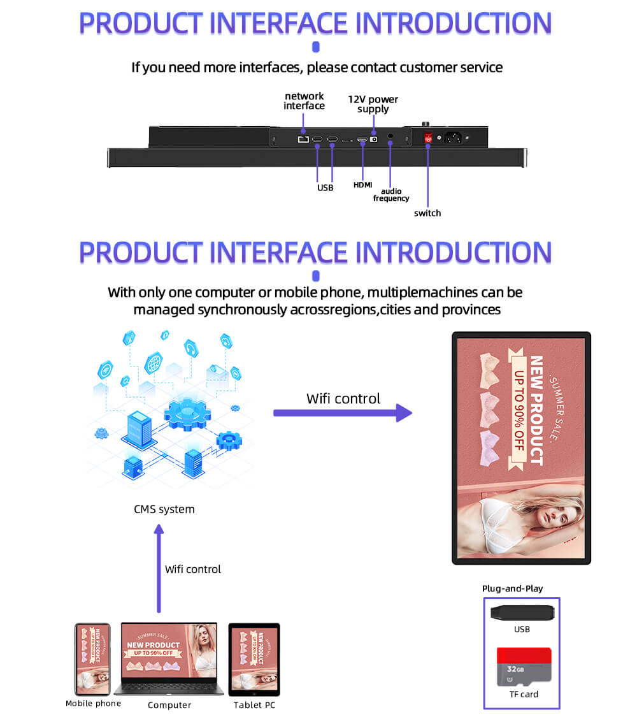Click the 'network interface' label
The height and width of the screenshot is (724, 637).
pyautogui.click(x=304, y=101)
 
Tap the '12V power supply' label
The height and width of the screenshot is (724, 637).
pyautogui.click(x=373, y=104)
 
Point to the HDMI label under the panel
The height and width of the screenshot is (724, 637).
pyautogui.click(x=362, y=185)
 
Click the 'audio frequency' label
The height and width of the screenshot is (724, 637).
pyautogui.click(x=390, y=194)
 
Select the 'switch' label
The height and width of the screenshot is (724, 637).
pyautogui.click(x=427, y=213)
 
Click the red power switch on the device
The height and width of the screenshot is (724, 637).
pyautogui.click(x=428, y=137)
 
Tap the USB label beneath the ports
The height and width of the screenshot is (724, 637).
pyautogui.click(x=325, y=187)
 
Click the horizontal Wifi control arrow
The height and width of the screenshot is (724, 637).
pyautogui.click(x=343, y=412)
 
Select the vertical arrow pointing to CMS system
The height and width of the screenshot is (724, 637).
pyautogui.click(x=159, y=567)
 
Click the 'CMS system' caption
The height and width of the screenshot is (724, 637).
pyautogui.click(x=164, y=509)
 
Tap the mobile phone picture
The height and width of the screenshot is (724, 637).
pyautogui.click(x=92, y=659)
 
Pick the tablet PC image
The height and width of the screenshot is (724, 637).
pyautogui.click(x=254, y=659)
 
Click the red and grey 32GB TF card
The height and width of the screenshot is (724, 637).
pyautogui.click(x=524, y=666)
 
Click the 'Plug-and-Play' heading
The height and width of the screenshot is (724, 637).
pyautogui.click(x=512, y=588)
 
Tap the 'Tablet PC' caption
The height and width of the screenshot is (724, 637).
pyautogui.click(x=254, y=705)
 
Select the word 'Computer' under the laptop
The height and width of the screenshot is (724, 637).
pyautogui.click(x=169, y=705)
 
